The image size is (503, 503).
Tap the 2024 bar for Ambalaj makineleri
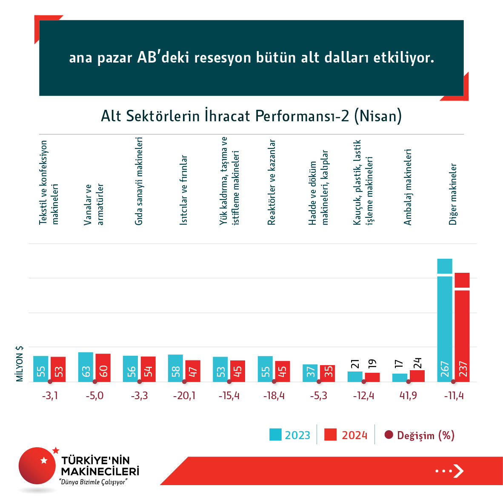tap(417, 376)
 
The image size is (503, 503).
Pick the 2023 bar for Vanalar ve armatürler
tap(86, 367)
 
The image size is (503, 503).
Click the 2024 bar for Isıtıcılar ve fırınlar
tap(193, 371)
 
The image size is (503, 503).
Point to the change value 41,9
tap(408, 396)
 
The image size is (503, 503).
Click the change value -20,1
tap(184, 396)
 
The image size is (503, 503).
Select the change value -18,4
tap(274, 396)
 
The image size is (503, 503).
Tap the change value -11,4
tap(454, 396)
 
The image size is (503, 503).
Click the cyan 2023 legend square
tap(275, 434)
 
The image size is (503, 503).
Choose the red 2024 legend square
tap(330, 434)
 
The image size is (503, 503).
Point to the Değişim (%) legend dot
tap(388, 435)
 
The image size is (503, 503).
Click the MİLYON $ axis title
tap(20, 363)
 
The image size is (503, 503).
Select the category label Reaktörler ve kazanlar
tap(272, 182)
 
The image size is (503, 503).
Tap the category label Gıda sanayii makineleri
tap(139, 181)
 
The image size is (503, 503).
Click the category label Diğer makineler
tap(453, 194)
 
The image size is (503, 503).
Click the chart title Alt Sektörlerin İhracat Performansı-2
tap(251, 116)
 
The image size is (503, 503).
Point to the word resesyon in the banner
tap(223, 57)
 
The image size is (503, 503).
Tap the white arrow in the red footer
tap(458, 471)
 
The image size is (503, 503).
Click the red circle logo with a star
tap(37, 465)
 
